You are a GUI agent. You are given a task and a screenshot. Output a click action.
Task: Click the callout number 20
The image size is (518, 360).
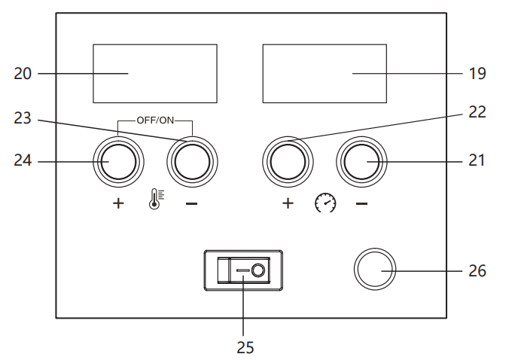click(23, 74)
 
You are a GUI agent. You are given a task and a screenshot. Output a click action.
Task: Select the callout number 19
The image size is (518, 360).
click(477, 74)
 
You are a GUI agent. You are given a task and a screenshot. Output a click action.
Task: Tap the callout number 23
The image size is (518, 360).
click(23, 118)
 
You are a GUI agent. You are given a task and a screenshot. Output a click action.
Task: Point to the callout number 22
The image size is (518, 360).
click(477, 112)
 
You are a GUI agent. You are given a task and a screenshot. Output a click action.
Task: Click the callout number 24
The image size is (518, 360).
click(23, 160)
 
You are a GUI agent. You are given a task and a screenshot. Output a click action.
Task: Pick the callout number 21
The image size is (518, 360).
click(477, 160)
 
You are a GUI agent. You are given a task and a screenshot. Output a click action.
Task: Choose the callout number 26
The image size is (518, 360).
click(477, 270)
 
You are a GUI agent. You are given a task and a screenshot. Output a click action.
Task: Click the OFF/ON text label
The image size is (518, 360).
click(155, 119)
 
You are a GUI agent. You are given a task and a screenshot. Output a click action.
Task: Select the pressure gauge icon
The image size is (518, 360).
click(325, 203)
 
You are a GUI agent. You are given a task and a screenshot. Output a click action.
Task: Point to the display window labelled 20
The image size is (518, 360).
click(154, 73)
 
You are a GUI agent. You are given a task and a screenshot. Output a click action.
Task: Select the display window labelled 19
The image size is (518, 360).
click(325, 73)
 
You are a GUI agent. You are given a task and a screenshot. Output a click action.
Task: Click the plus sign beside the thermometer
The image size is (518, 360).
click(118, 203)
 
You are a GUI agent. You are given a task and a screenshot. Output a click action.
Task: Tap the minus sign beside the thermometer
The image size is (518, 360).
click(192, 203)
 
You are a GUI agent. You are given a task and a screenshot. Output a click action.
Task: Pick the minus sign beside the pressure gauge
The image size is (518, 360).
click(362, 203)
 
